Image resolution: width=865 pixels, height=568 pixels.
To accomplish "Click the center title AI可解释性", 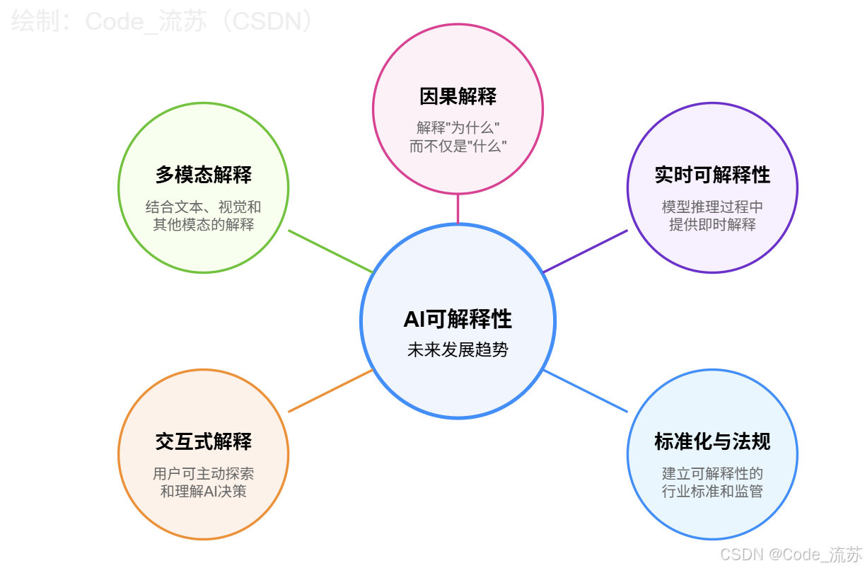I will tap(458, 319).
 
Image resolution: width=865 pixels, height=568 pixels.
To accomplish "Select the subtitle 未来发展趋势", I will tap(458, 349).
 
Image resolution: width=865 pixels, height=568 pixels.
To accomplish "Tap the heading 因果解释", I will tap(458, 96).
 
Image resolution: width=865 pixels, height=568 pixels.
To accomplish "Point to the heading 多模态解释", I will tap(204, 175).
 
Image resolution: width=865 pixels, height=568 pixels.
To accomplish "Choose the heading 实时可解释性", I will tap(712, 175).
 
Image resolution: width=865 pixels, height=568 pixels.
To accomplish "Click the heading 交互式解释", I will tap(204, 442).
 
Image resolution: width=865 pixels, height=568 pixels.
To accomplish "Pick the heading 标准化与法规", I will tap(712, 442).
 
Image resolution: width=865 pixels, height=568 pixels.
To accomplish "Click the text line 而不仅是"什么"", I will tap(458, 146).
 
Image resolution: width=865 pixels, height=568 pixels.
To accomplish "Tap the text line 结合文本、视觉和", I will tap(204, 207).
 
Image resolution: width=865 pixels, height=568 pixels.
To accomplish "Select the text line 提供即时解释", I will tap(712, 225).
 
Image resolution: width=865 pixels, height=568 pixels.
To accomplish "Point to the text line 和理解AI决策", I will tap(204, 492).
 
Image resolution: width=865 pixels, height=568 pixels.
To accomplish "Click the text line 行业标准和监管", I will tap(712, 492).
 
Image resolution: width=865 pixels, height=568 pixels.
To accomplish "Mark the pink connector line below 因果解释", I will tap(458, 209).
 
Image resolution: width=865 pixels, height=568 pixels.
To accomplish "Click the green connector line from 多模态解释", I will tap(330, 251).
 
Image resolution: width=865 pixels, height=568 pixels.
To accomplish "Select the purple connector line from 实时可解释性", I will tap(585, 251).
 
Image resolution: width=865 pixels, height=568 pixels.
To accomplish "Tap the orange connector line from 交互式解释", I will tap(330, 390).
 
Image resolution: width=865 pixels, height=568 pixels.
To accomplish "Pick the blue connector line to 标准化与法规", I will tap(585, 390).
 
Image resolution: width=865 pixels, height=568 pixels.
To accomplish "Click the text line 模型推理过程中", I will tap(712, 207).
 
